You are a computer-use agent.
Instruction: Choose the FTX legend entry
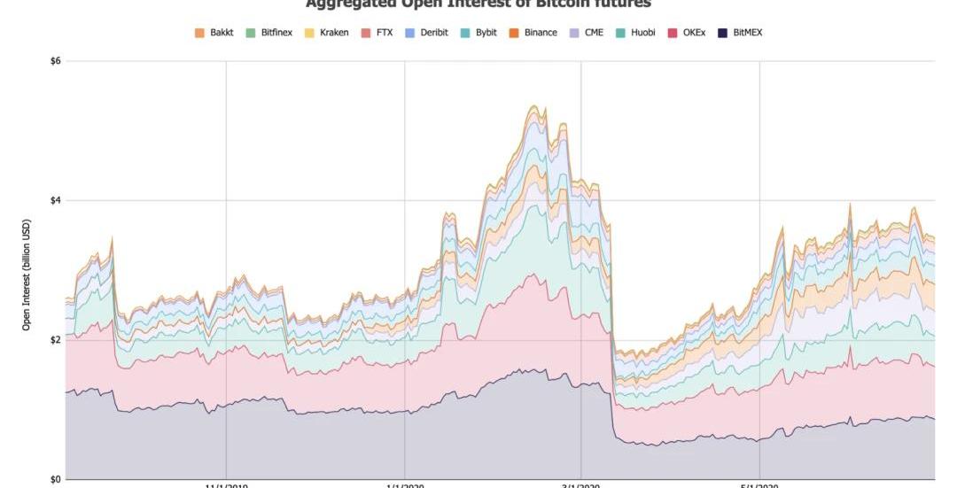point(377,33)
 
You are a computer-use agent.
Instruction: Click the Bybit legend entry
point(478,33)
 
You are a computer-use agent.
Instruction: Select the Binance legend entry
point(533,33)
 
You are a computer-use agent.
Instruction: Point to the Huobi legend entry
point(635,33)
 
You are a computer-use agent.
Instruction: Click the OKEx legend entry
point(687,33)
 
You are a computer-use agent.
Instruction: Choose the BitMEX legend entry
point(740,33)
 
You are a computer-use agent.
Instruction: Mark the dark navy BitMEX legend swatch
point(723,33)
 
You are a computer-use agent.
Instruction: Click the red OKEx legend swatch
point(672,33)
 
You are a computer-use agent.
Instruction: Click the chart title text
point(478,4)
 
